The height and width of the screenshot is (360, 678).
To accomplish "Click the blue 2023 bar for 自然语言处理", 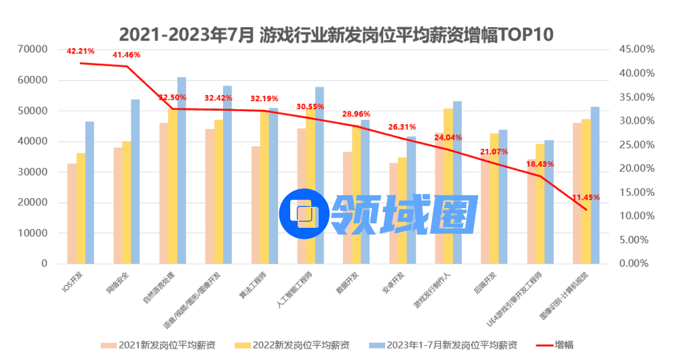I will click(182, 169).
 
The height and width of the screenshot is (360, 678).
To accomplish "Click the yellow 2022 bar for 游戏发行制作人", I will click(448, 186).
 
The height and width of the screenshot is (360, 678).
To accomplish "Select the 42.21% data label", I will click(81, 51).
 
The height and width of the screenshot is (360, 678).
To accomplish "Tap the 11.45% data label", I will click(586, 197).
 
